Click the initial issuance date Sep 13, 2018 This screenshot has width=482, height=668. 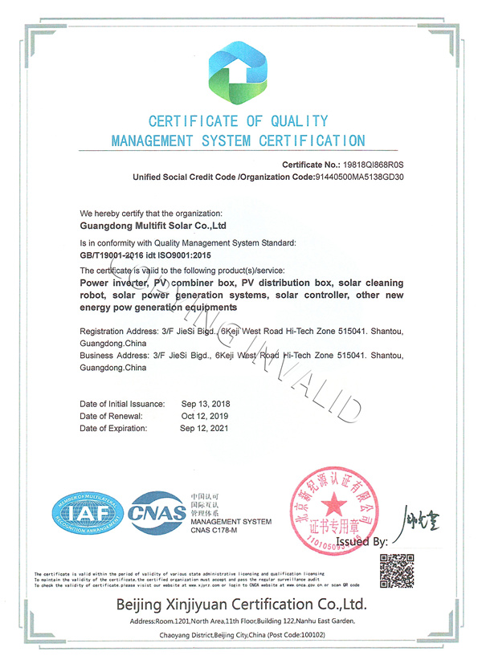(x=205, y=403)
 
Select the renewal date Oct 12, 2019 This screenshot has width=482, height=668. (x=205, y=416)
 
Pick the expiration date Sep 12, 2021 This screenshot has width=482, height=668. (x=205, y=429)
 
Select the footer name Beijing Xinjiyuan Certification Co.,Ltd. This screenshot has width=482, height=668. (x=241, y=603)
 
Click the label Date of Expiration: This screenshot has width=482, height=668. (x=114, y=429)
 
